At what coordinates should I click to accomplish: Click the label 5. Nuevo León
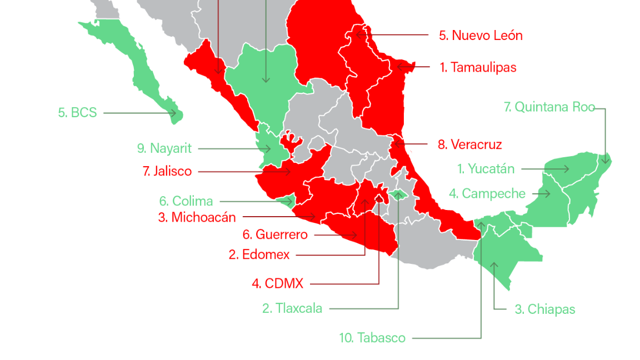(481, 36)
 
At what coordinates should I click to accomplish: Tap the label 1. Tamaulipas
(478, 68)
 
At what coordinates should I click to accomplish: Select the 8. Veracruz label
(469, 145)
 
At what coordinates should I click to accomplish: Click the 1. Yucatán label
(486, 169)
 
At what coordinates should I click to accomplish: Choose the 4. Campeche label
(487, 194)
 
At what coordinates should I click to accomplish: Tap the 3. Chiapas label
(544, 309)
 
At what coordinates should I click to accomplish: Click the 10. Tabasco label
(372, 338)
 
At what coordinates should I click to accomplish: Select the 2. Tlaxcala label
(292, 308)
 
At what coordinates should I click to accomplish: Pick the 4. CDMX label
(278, 284)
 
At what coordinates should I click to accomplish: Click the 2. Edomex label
(259, 255)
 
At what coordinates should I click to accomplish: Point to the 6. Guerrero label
(275, 235)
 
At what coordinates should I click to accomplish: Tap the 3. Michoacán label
(197, 217)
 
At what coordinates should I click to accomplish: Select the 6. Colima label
(186, 201)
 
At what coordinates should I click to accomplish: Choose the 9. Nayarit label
(164, 148)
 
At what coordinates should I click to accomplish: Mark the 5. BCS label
(77, 113)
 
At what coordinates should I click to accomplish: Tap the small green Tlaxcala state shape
(398, 194)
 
